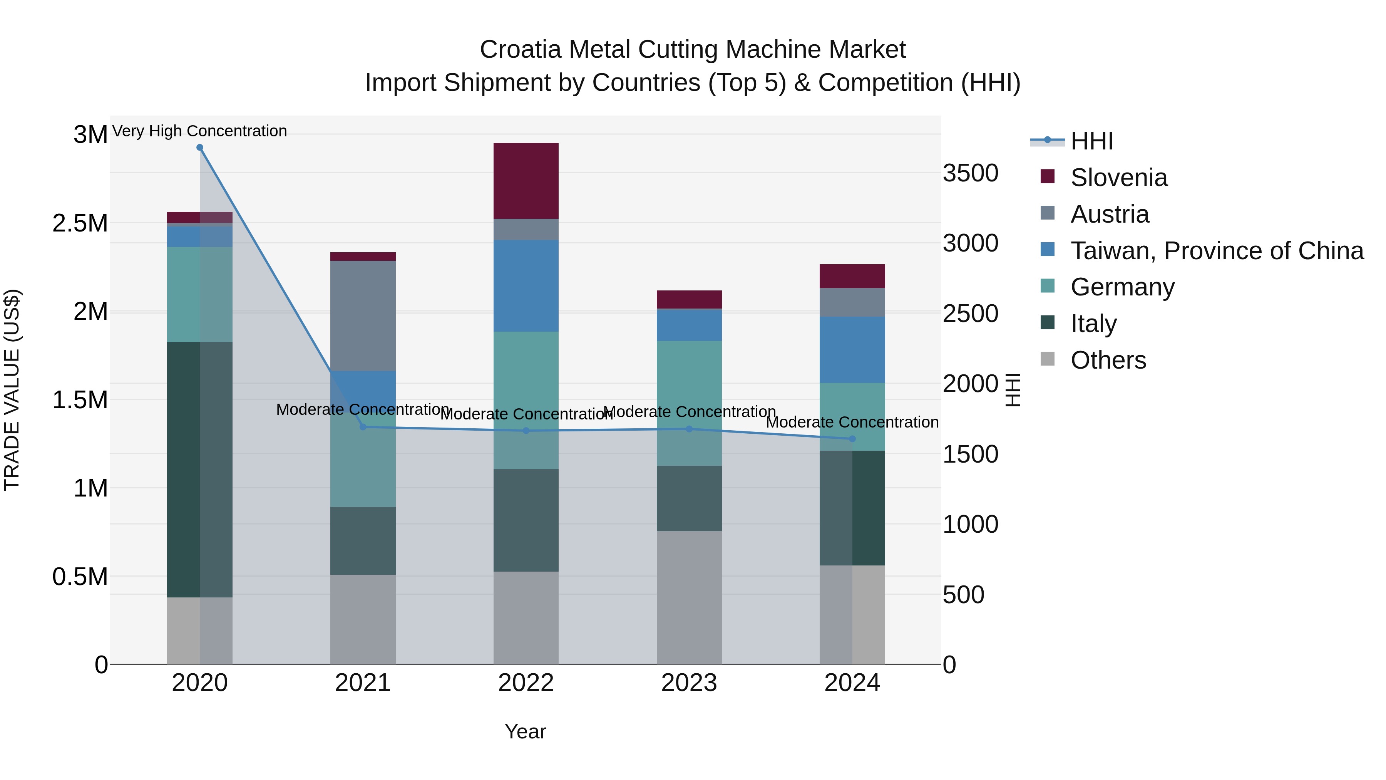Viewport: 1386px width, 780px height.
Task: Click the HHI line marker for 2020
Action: click(199, 148)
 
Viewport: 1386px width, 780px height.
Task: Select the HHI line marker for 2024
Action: click(852, 439)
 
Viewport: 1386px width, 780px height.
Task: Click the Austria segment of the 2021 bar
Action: click(363, 315)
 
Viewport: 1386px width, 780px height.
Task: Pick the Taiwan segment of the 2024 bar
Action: click(852, 349)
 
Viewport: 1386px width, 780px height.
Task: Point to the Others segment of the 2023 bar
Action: click(689, 597)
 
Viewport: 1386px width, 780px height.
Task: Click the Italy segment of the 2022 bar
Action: click(526, 520)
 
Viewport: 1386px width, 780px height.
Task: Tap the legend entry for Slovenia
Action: click(1118, 178)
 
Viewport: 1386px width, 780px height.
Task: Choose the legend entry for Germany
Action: click(1122, 287)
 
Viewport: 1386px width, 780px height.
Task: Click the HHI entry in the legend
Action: click(1091, 141)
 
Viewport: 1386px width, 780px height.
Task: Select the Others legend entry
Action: click(1108, 360)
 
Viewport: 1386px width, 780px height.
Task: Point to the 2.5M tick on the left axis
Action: click(80, 223)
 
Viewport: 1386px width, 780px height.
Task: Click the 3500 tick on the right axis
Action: click(970, 173)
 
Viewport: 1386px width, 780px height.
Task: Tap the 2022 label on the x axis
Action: click(526, 683)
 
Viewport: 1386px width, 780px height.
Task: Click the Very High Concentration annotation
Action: click(199, 131)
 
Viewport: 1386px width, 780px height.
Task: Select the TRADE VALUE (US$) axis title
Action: click(12, 390)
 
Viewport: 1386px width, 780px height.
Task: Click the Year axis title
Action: click(525, 731)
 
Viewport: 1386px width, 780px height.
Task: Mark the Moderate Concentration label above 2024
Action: click(852, 422)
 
